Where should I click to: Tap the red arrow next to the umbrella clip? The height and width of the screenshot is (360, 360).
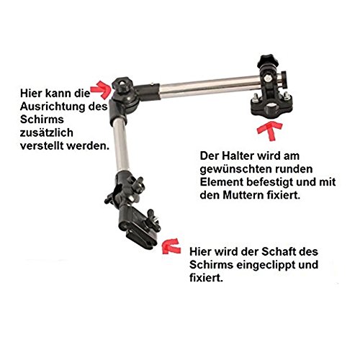click(x=174, y=246)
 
